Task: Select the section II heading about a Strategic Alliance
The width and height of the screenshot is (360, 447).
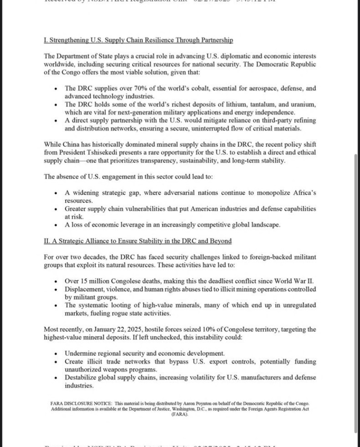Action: [x=137, y=241]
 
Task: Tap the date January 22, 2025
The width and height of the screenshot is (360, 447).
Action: [x=116, y=329]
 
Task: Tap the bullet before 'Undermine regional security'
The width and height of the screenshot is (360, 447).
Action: [x=56, y=354]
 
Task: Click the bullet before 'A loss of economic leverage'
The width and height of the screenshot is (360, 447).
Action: [x=56, y=225]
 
